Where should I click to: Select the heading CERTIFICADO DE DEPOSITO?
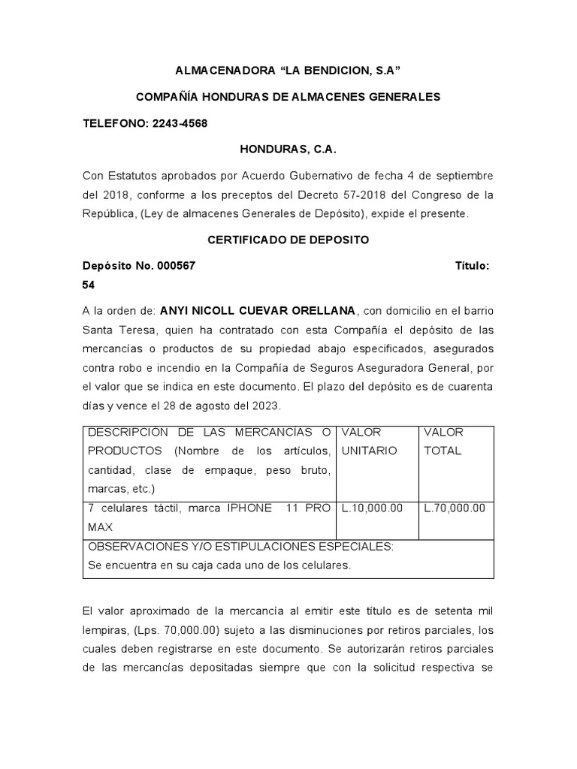[288, 240]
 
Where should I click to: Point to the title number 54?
[89, 285]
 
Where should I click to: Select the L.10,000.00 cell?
[372, 508]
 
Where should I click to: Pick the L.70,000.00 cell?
[455, 508]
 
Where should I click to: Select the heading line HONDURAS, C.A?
[288, 149]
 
